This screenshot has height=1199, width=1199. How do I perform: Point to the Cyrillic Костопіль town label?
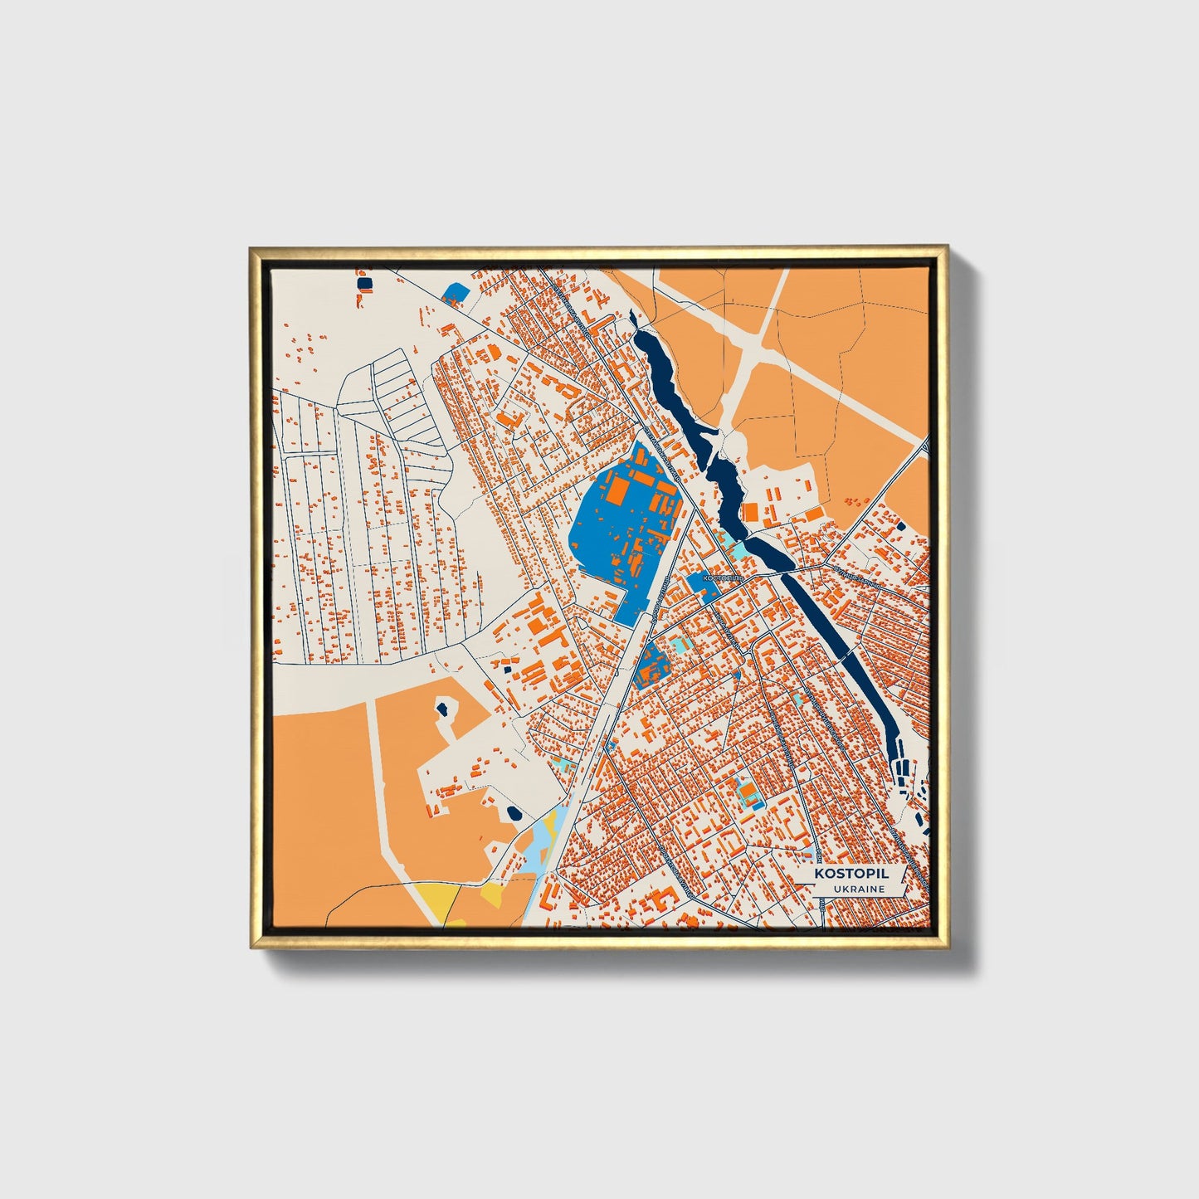coord(719,575)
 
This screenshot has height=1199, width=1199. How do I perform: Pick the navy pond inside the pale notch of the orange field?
coord(442,708)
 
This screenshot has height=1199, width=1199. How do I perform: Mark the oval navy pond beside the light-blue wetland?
coord(514,813)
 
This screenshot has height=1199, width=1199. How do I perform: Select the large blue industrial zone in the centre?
coord(614,531)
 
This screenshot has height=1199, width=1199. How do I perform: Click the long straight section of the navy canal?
coord(838,639)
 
